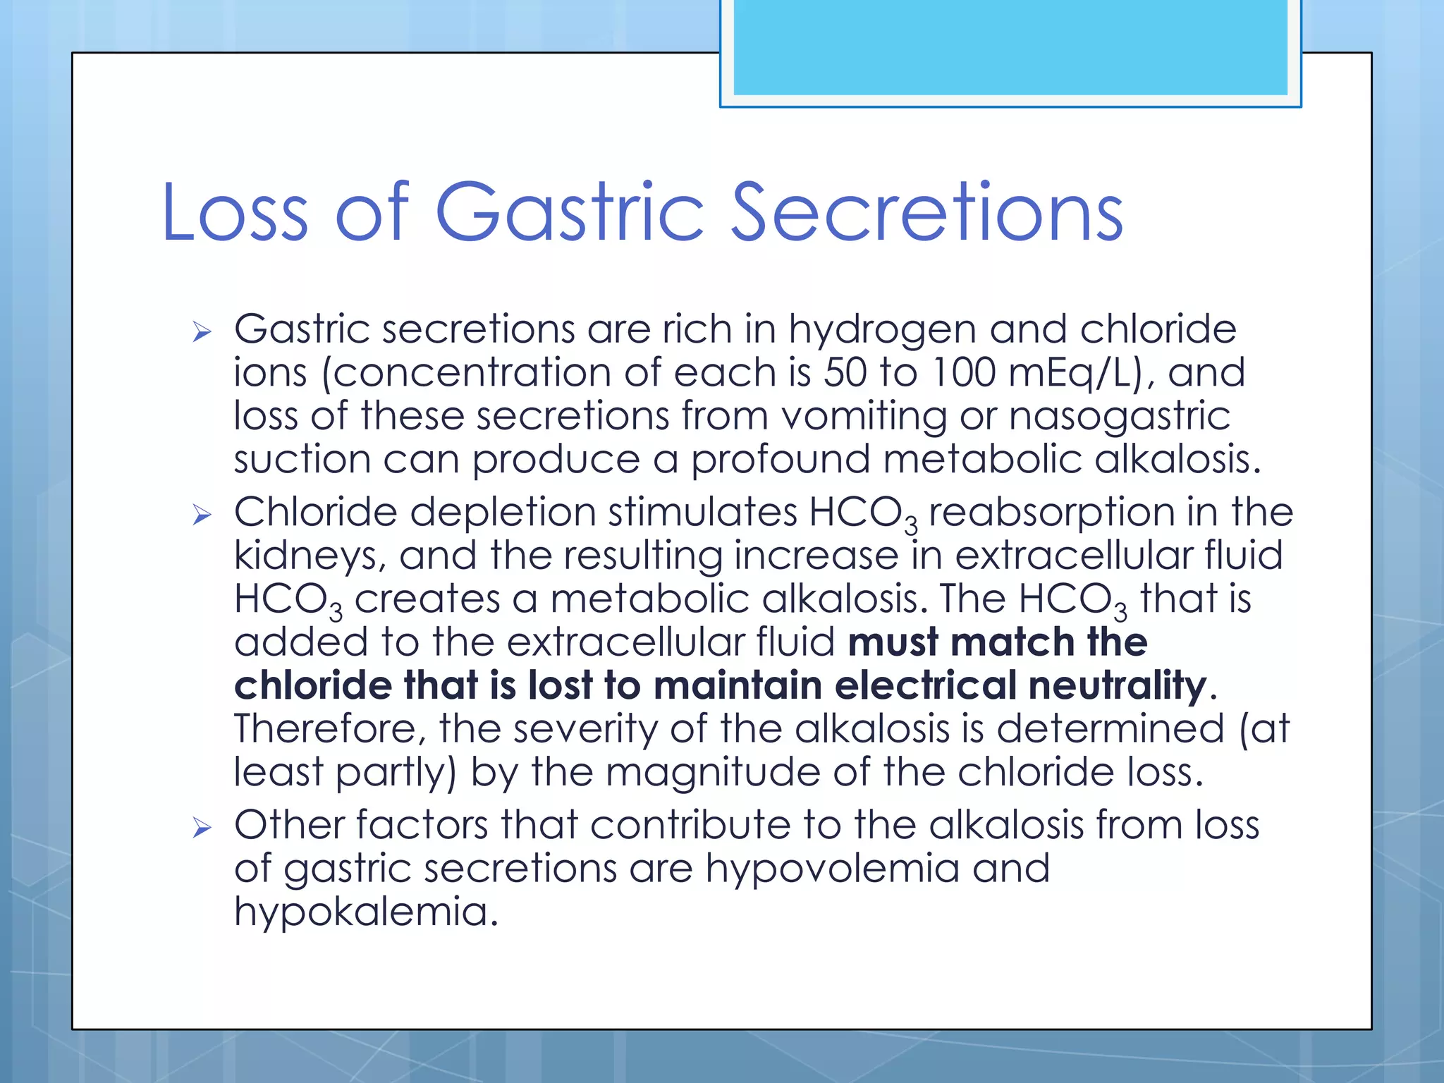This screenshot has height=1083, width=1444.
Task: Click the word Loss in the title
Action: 235,212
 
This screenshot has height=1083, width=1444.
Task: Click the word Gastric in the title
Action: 570,212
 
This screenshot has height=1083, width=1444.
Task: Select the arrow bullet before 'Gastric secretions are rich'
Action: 202,331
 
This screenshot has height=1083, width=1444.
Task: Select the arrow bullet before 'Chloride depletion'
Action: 202,515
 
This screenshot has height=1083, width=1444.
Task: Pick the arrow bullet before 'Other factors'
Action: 202,827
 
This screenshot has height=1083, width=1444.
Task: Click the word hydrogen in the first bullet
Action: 882,330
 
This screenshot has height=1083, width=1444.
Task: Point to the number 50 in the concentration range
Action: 845,372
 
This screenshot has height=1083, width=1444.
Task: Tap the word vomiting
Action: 864,416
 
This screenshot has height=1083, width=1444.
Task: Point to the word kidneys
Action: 310,556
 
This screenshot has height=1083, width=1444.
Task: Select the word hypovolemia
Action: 832,869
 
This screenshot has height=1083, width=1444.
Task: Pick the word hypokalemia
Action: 361,912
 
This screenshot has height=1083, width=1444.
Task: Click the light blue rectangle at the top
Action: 1010,47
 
